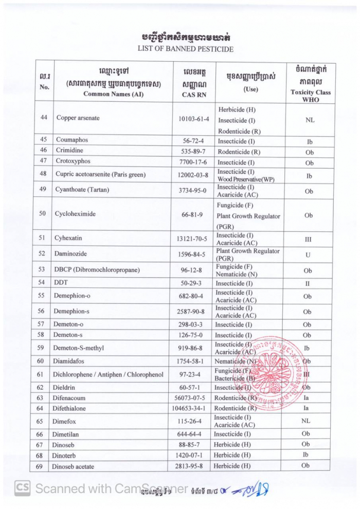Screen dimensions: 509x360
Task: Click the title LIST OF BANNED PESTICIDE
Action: pyautogui.click(x=185, y=49)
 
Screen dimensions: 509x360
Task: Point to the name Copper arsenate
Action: pyautogui.click(x=78, y=118)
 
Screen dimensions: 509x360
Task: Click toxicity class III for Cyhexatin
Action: pyautogui.click(x=309, y=239)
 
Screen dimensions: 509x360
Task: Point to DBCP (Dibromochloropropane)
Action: pyautogui.click(x=98, y=269)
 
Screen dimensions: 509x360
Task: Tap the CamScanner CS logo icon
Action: pyautogui.click(x=22, y=488)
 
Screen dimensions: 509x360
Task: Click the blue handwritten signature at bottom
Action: pyautogui.click(x=252, y=488)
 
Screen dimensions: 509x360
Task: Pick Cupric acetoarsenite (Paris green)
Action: pyautogui.click(x=100, y=175)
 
